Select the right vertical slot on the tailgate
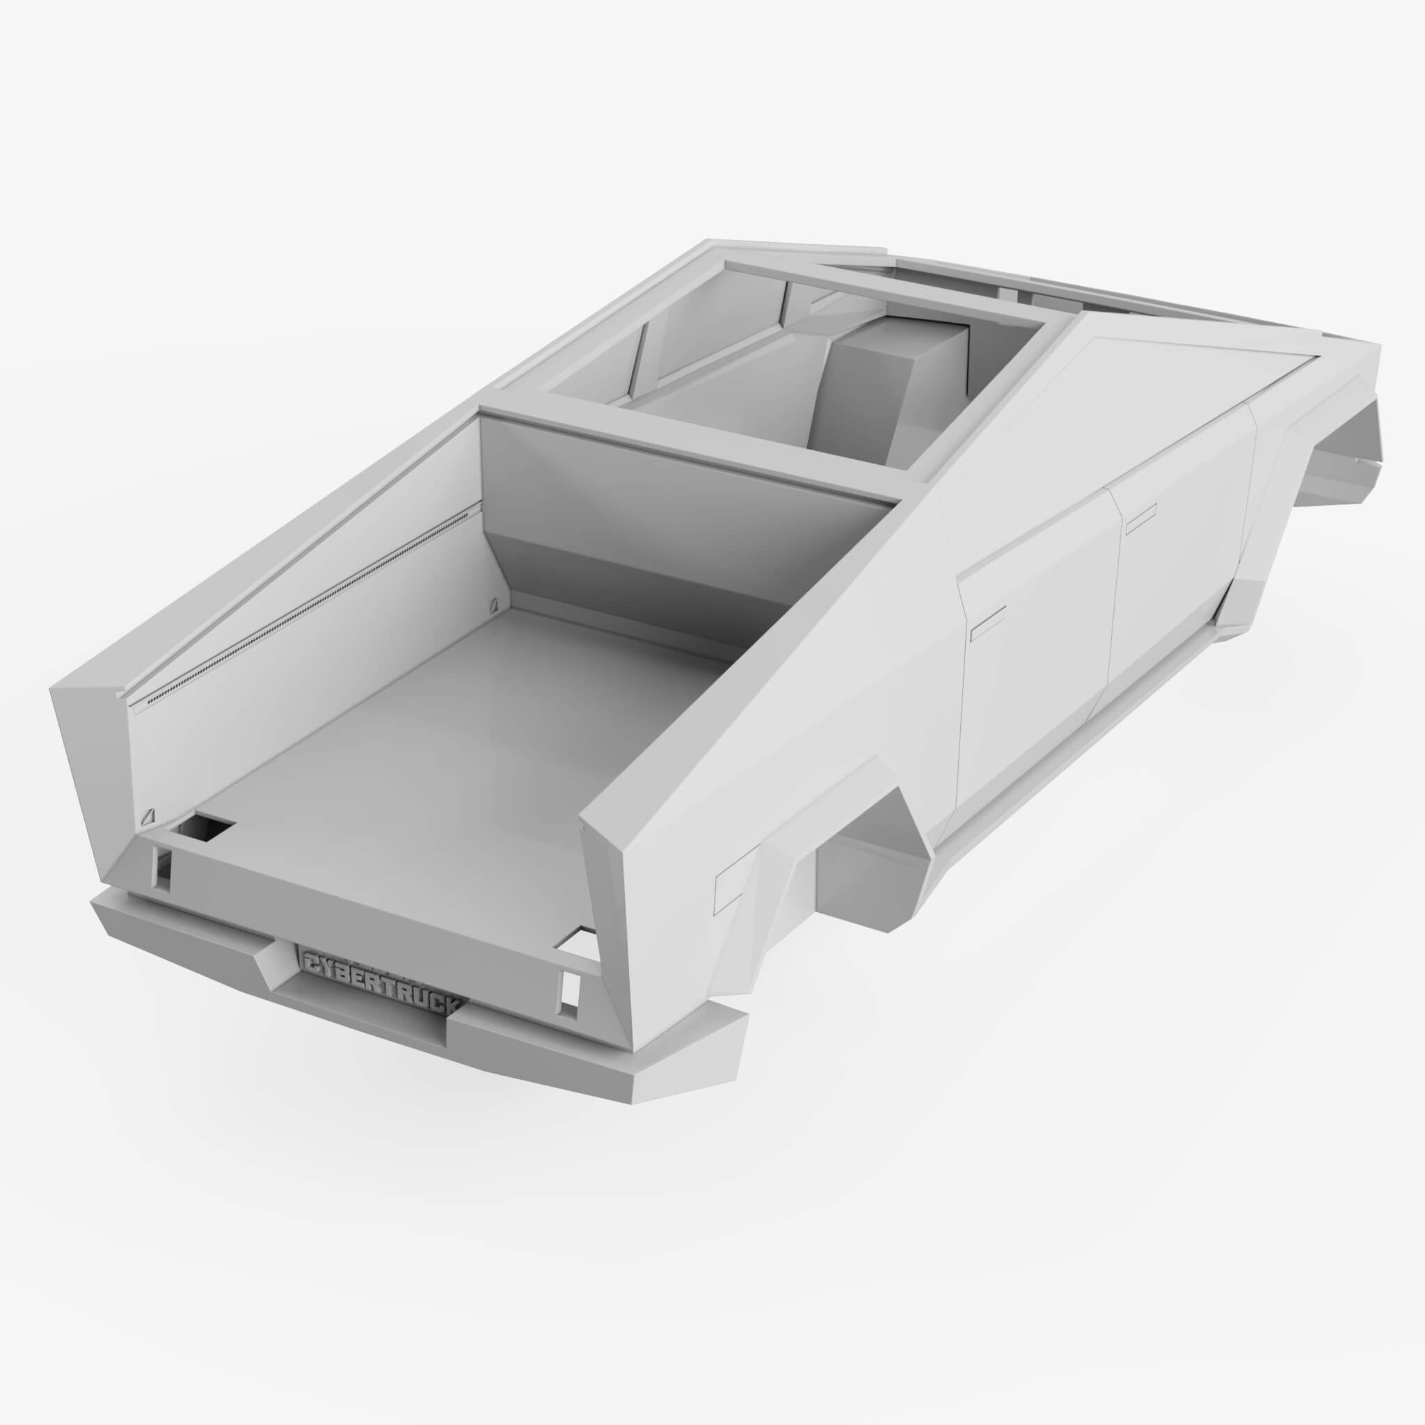pyautogui.click(x=570, y=988)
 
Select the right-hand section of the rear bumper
pyautogui.click(x=598, y=1062)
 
